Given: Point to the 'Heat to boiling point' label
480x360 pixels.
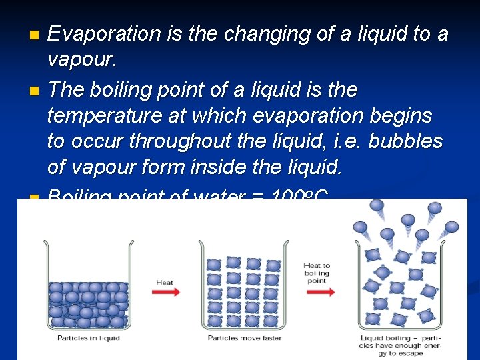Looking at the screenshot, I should [x=317, y=273].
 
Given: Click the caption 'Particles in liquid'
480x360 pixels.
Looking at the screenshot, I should [x=89, y=338].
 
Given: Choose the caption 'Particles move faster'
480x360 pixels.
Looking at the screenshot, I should [x=245, y=338].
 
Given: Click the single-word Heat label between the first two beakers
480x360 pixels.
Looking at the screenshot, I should [x=165, y=283].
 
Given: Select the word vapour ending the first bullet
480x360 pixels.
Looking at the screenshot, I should [x=81, y=60].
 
